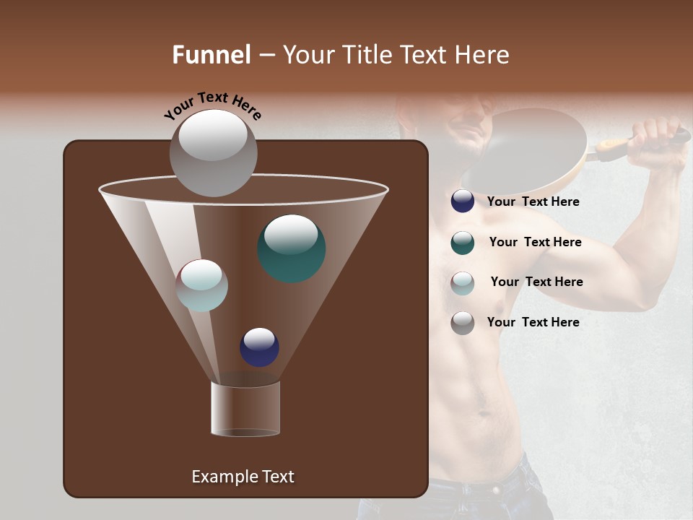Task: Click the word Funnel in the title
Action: (211, 55)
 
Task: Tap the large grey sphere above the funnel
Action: (214, 152)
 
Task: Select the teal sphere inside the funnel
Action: (292, 248)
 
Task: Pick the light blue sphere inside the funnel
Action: (202, 285)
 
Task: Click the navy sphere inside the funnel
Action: (259, 347)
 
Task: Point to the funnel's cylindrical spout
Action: (245, 408)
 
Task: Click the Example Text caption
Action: (243, 477)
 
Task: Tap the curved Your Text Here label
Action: (213, 106)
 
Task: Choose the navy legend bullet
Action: (463, 201)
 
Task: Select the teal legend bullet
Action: (463, 243)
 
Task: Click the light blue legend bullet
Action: (463, 283)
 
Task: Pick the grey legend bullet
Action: (463, 323)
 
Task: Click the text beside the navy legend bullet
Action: (533, 201)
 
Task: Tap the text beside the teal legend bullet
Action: (535, 242)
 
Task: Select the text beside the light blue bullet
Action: (536, 282)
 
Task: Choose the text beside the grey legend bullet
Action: (533, 322)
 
